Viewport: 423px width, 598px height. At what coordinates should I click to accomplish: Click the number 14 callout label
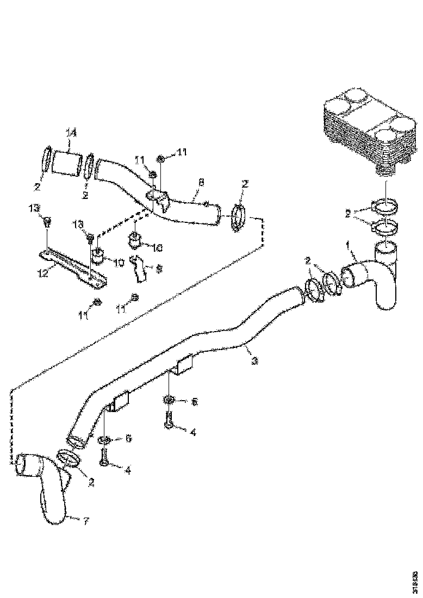[x=72, y=133]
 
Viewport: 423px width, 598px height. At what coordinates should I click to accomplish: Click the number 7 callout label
[x=86, y=520]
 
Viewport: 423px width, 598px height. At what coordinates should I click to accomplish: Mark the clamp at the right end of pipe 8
[x=238, y=217]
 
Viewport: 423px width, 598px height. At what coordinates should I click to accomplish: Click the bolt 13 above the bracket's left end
[x=47, y=221]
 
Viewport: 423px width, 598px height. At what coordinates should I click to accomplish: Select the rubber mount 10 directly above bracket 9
[x=135, y=240]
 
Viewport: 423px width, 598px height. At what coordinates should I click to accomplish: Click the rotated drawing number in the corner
[x=415, y=578]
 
